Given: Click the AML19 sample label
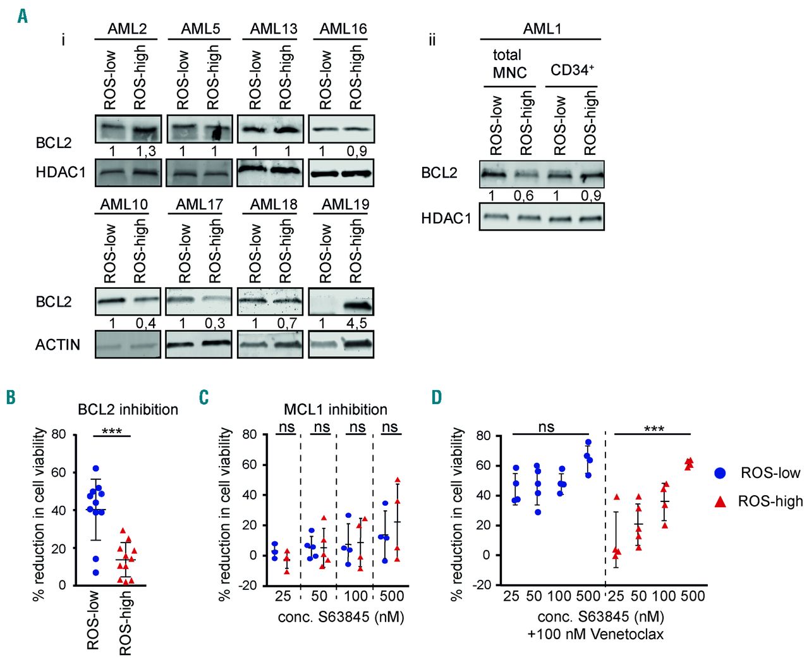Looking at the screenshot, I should pyautogui.click(x=345, y=204).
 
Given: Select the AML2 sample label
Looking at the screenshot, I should pyautogui.click(x=127, y=28).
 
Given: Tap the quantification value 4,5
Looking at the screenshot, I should pyautogui.click(x=356, y=324).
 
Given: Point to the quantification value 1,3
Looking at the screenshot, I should pyautogui.click(x=147, y=152).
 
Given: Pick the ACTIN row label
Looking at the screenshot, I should pyautogui.click(x=58, y=345).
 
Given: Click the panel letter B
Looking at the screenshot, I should pyautogui.click(x=11, y=396).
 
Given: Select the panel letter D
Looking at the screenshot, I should pyautogui.click(x=437, y=396).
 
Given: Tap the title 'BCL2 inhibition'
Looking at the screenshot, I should pyautogui.click(x=128, y=410).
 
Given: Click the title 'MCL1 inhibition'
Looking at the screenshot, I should pyautogui.click(x=335, y=409).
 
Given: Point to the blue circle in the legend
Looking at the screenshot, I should pyautogui.click(x=720, y=473).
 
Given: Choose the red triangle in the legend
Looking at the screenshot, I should pyautogui.click(x=720, y=501).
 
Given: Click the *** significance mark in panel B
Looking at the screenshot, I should pyautogui.click(x=111, y=432).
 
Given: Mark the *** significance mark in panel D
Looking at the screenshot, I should pyautogui.click(x=654, y=429).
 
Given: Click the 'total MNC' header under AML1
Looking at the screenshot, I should pyautogui.click(x=509, y=64).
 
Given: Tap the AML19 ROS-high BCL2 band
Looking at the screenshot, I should pyautogui.click(x=355, y=306).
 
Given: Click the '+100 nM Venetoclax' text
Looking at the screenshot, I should pyautogui.click(x=595, y=634).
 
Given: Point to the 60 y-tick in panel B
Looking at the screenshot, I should pyautogui.click(x=58, y=472).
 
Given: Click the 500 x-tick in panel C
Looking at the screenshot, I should pyautogui.click(x=392, y=596).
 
